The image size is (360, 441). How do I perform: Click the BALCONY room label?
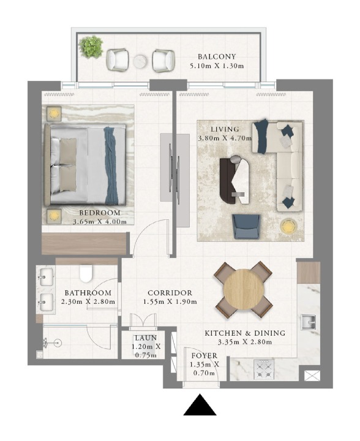(217, 57)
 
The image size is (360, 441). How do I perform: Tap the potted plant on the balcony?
(91, 47)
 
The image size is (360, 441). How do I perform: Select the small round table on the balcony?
(141, 61)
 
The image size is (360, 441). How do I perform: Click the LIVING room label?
(225, 129)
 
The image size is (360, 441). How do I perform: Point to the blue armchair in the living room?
(246, 227)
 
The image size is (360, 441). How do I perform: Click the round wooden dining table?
(244, 290)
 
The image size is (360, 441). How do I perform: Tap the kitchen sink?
(309, 322)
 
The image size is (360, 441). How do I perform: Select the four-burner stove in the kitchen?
(264, 369)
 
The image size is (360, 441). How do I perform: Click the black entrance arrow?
(200, 405)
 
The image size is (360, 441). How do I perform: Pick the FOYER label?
(204, 356)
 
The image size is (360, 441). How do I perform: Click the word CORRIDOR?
(170, 293)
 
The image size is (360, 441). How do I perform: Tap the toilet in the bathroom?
(86, 273)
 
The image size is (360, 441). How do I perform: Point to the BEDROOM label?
(99, 213)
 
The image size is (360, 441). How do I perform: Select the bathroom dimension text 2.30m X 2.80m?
(88, 302)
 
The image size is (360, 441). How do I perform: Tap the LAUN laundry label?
(146, 337)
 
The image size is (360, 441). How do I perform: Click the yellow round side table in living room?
(288, 226)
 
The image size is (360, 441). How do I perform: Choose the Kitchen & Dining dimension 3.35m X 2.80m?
(245, 342)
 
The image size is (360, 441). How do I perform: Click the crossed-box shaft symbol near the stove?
(312, 375)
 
